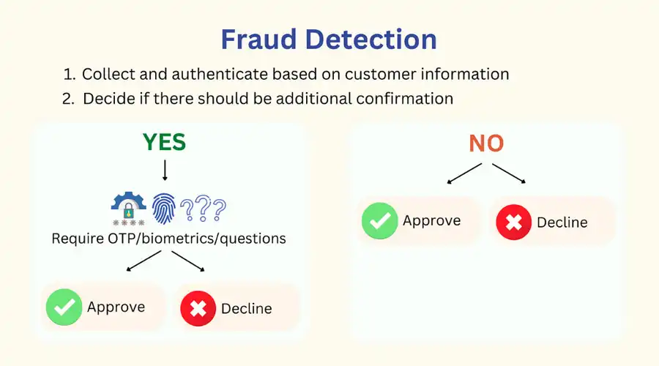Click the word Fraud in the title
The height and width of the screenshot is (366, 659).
click(258, 40)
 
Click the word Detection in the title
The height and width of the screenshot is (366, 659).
click(371, 40)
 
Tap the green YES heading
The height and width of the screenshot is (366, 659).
click(164, 142)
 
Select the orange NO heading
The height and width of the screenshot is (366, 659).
click(486, 143)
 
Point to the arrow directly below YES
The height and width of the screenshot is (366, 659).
click(165, 170)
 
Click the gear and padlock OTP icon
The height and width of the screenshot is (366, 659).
click(129, 209)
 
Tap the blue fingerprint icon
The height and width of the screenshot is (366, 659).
click(163, 208)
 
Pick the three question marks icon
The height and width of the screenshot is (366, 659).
click(203, 208)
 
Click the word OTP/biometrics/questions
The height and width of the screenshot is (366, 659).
click(197, 239)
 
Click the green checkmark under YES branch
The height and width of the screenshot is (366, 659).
click(64, 307)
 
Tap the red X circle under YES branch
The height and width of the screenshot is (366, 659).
click(198, 308)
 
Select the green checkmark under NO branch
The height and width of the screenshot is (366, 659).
click(379, 220)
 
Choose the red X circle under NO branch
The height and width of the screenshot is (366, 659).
click(513, 222)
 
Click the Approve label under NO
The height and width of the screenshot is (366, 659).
click(431, 221)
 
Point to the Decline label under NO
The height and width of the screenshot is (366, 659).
click(562, 223)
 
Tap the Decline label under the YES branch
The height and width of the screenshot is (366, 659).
click(246, 308)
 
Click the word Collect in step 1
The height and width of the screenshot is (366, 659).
click(108, 74)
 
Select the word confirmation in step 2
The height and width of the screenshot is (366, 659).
click(405, 99)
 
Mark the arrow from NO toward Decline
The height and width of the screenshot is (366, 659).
click(509, 173)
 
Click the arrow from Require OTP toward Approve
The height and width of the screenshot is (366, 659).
click(144, 261)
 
